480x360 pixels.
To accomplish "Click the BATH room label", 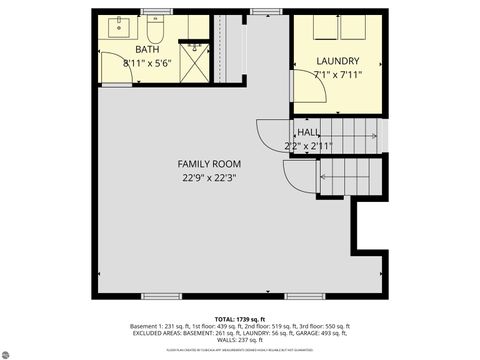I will click(147, 49).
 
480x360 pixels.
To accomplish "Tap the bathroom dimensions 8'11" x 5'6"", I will click(147, 62).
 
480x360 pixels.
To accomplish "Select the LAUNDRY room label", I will click(336, 61).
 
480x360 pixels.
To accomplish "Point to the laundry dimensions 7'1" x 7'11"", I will click(336, 74).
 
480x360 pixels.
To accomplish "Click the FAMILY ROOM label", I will click(209, 164).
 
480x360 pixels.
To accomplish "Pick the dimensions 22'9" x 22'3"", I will click(209, 178).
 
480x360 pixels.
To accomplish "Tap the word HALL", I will click(308, 133).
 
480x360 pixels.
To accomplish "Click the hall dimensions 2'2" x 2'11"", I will click(308, 146).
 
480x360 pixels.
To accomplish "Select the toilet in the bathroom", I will click(154, 24).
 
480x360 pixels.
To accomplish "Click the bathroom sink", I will click(118, 24).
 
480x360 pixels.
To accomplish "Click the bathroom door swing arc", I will click(112, 70).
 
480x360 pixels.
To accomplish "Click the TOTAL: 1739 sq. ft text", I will click(239, 316).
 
